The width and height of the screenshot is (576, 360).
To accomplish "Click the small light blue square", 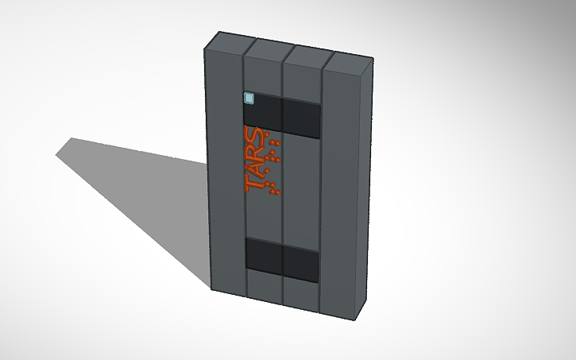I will [x=249, y=99].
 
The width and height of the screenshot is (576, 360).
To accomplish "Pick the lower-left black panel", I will [x=263, y=255].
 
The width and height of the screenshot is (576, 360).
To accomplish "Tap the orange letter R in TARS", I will [x=255, y=150].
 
